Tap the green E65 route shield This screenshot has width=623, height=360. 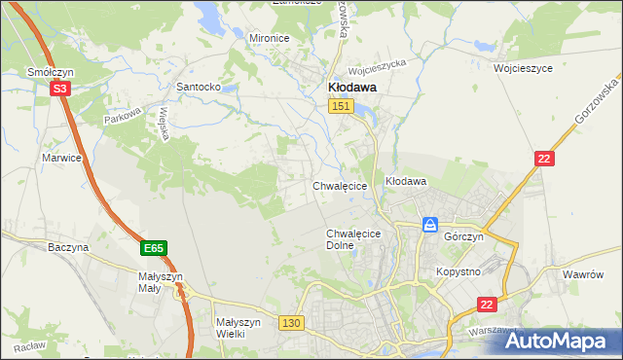[152, 249]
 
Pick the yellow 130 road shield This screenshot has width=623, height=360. [290, 322]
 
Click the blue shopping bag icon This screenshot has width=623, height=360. [430, 226]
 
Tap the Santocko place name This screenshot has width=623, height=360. [198, 87]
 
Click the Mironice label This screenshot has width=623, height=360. [270, 38]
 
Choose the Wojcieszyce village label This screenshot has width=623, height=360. [523, 69]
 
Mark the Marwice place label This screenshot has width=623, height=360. [60, 157]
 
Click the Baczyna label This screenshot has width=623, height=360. [68, 247]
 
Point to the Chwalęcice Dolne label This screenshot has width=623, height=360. [352, 239]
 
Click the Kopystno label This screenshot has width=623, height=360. [458, 271]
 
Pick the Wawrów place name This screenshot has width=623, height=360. [584, 274]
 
